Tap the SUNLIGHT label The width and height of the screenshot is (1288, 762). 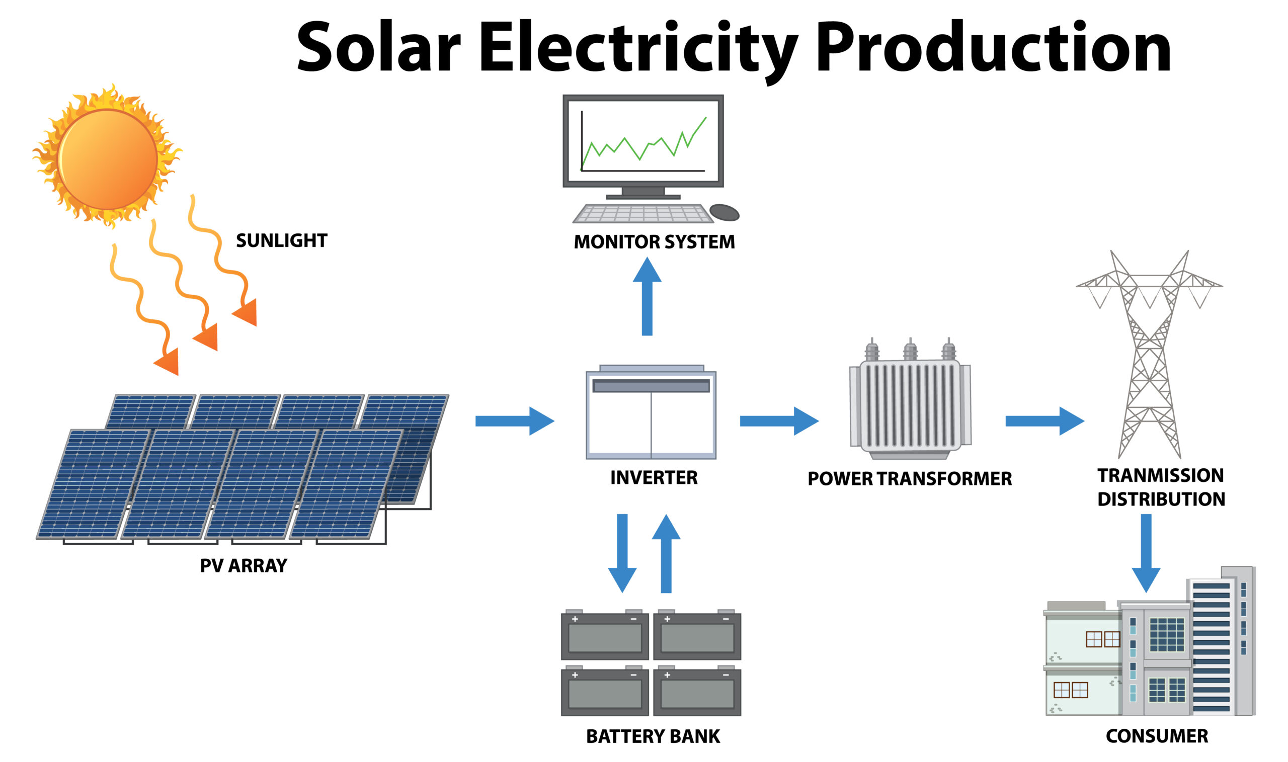[x=281, y=240]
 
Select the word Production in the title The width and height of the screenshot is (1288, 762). [x=993, y=47]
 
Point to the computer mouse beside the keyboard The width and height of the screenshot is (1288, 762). [x=724, y=212]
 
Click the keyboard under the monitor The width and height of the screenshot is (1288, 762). [x=643, y=214]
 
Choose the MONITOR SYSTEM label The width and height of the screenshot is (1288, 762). [x=654, y=242]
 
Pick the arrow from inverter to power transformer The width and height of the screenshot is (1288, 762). [x=778, y=421]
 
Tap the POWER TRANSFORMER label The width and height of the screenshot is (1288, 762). [x=910, y=478]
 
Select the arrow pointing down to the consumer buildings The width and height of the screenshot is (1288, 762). [x=1146, y=552]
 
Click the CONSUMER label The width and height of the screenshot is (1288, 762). [x=1157, y=736]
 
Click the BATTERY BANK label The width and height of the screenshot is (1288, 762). [x=653, y=736]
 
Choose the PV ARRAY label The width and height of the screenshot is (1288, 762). [x=244, y=565]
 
